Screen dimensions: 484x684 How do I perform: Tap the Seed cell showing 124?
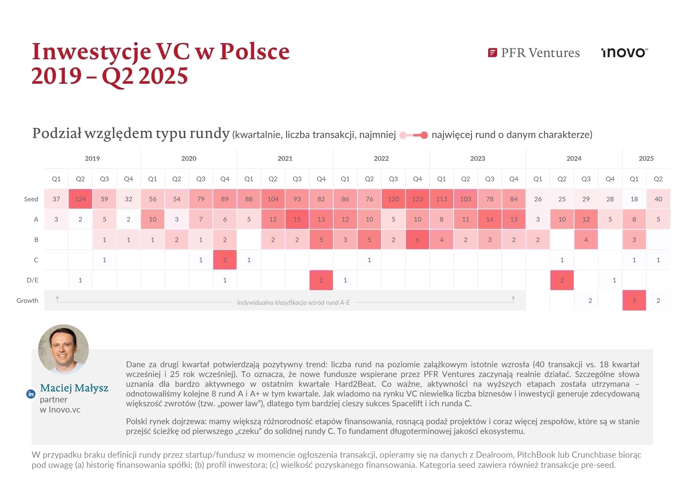80,199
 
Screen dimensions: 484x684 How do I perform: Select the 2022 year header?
381,158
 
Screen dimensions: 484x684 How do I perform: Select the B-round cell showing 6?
417,240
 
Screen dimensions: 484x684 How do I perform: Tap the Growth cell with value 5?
634,301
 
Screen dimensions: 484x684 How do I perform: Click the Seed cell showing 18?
634,199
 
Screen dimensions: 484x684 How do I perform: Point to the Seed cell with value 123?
417,199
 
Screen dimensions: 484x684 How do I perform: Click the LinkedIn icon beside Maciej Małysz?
31,394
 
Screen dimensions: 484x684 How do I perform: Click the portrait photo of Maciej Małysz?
63,350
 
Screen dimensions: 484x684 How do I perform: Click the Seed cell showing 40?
658,199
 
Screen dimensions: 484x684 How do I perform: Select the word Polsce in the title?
255,52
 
